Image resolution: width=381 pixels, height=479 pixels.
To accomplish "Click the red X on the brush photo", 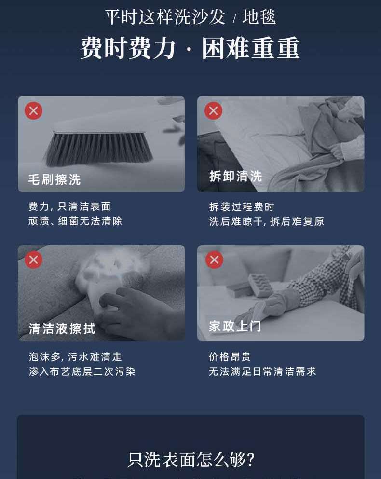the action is [x=34, y=110].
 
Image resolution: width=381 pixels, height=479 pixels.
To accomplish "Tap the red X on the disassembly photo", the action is [x=213, y=110].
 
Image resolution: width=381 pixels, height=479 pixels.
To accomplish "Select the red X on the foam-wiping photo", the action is [x=34, y=260].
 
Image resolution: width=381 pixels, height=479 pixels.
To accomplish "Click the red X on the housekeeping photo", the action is [x=214, y=260].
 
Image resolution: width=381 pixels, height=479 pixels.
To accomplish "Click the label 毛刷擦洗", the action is [x=54, y=179].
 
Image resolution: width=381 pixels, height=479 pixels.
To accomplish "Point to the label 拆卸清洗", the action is [x=235, y=176].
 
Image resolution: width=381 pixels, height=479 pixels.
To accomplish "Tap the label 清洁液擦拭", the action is [x=62, y=328].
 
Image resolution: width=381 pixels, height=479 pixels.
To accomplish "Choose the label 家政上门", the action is [x=235, y=326].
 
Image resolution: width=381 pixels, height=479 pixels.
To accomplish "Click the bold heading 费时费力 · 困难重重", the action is [x=190, y=48].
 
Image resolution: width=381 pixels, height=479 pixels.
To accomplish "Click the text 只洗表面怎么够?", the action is [x=191, y=459].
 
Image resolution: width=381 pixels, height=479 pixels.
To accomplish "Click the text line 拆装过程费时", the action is [x=242, y=207].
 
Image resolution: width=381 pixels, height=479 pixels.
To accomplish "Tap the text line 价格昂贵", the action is [x=230, y=356].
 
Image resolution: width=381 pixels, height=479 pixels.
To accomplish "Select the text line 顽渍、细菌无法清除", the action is [x=75, y=221].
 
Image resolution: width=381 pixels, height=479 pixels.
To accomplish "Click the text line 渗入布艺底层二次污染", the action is [x=82, y=371].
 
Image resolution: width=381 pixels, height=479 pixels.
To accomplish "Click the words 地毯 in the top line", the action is [x=259, y=16].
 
